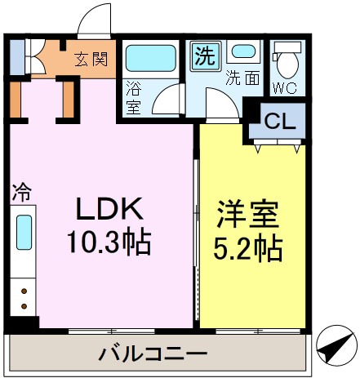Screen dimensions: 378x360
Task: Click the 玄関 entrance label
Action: pyautogui.click(x=91, y=59)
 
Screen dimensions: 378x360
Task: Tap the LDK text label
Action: pyautogui.click(x=110, y=210)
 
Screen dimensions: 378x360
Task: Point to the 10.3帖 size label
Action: pyautogui.click(x=110, y=242)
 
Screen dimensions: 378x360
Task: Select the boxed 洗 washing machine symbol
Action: pyautogui.click(x=204, y=56)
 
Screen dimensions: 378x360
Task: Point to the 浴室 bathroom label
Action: pyautogui.click(x=134, y=97)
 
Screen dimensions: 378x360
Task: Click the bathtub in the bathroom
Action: pyautogui.click(x=153, y=58)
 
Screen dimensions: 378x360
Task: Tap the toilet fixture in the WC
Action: pyautogui.click(x=287, y=60)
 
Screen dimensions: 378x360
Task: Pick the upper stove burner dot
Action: pyautogui.click(x=24, y=290)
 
